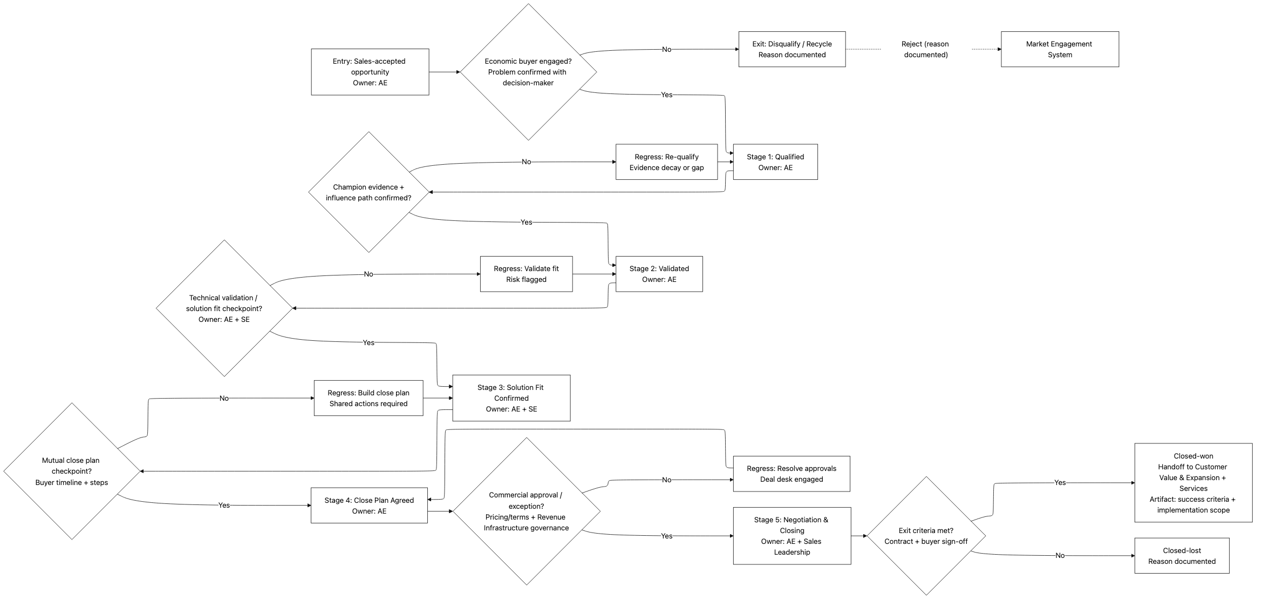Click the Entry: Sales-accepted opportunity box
(x=370, y=72)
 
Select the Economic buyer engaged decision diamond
(x=528, y=72)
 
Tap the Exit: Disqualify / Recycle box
(x=792, y=49)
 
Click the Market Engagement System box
(x=1059, y=49)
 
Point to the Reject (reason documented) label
(x=925, y=49)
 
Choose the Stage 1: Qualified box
(x=775, y=162)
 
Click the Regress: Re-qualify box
(x=666, y=162)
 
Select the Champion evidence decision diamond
(x=369, y=192)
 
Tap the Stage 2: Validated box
(x=659, y=274)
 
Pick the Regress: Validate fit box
(x=526, y=274)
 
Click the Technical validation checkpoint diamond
(x=224, y=308)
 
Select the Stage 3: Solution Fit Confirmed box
(x=511, y=398)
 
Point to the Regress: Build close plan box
(x=369, y=398)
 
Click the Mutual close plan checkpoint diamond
(x=72, y=471)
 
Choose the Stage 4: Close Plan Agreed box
(x=369, y=506)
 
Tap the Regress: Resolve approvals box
(x=791, y=474)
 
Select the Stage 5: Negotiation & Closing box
(x=792, y=536)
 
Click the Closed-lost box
(x=1182, y=556)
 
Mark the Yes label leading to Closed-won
(x=1060, y=483)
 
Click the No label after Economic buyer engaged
(x=666, y=50)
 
